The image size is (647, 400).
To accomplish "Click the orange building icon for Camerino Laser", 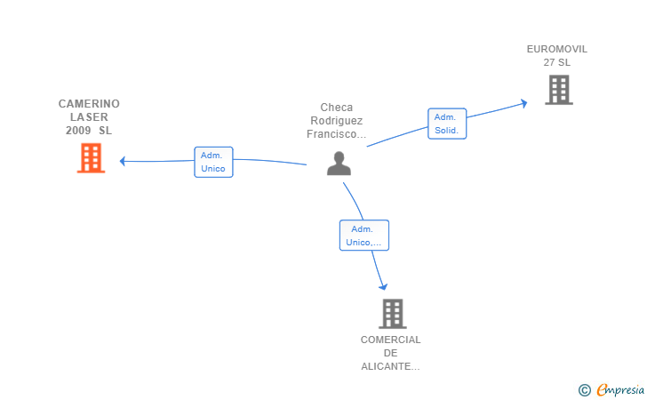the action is click(92, 157).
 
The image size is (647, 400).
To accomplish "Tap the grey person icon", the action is click(339, 164).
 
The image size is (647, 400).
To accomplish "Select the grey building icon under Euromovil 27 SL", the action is click(559, 90).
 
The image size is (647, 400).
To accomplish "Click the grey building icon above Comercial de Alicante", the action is click(393, 314).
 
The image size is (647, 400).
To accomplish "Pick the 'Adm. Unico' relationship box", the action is click(213, 163).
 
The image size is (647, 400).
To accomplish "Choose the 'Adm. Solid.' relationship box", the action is click(447, 124).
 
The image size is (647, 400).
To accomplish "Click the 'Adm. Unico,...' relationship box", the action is click(364, 236).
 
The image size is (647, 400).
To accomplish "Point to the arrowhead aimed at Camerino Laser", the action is click(122, 161).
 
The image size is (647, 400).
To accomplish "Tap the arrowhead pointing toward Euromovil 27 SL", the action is click(524, 103).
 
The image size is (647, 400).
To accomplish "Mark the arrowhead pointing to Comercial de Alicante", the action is click(383, 287).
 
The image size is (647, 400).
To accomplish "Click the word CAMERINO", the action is click(89, 104).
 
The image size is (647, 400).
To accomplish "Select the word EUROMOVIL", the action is click(557, 49).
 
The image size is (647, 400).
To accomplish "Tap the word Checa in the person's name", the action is click(337, 108).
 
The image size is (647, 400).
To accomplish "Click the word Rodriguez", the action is click(337, 121).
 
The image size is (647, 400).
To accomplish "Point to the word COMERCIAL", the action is click(391, 340).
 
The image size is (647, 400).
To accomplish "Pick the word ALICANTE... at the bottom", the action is click(390, 366).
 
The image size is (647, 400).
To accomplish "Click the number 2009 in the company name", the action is click(78, 131).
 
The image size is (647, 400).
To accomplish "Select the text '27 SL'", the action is click(557, 62).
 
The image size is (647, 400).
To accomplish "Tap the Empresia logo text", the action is click(620, 389).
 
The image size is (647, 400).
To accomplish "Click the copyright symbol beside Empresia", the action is click(585, 390).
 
